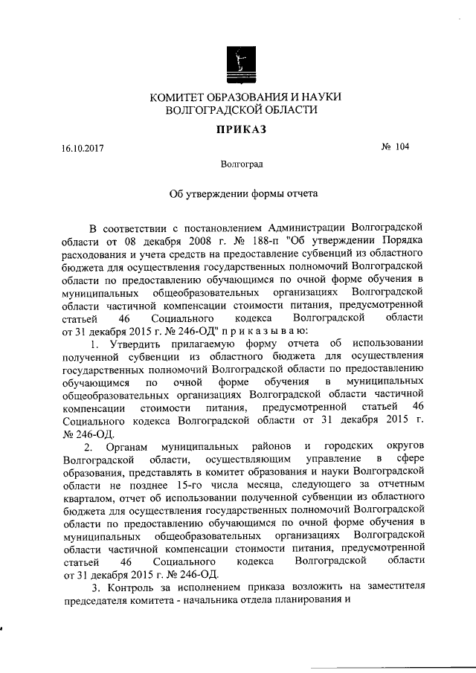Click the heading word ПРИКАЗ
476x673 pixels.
[x=238, y=129]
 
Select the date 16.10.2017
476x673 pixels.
[x=83, y=148]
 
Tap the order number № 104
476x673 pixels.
[x=395, y=146]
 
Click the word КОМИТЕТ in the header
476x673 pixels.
[x=180, y=97]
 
